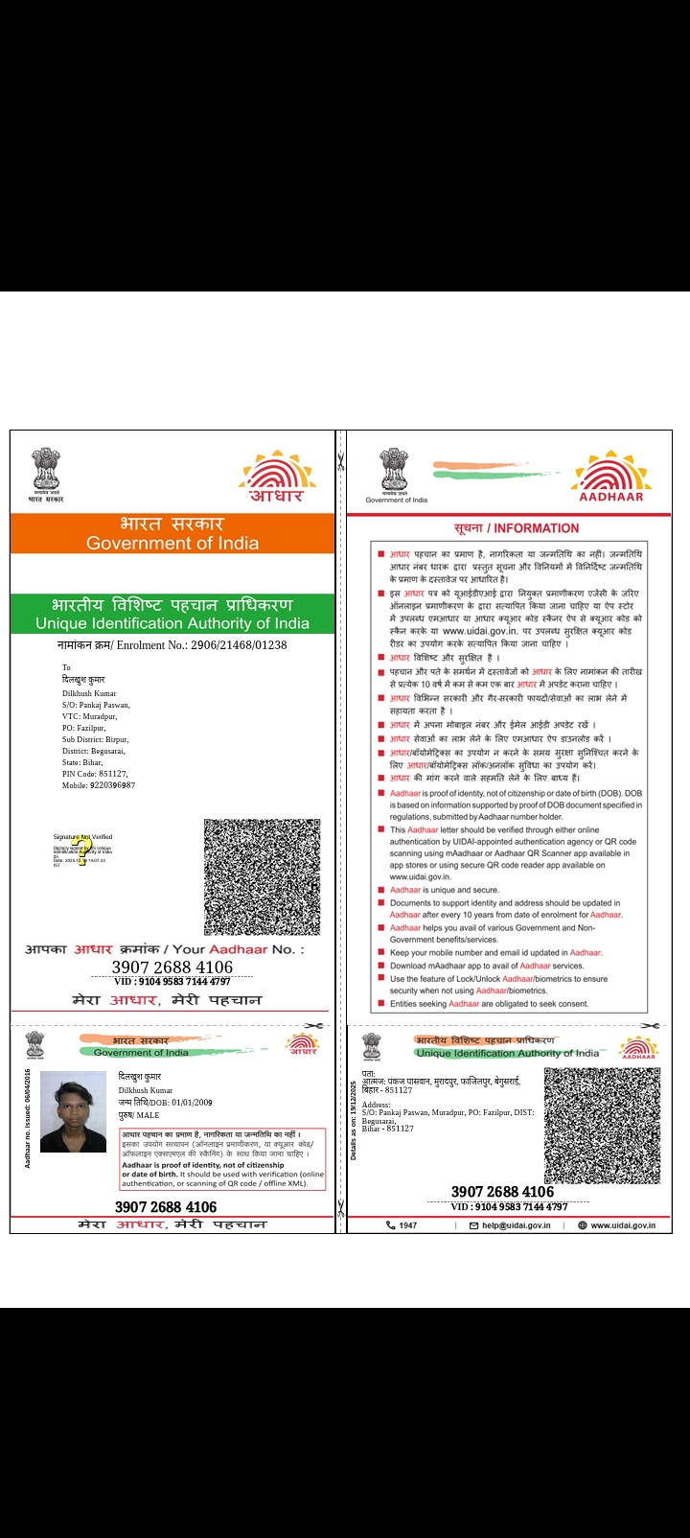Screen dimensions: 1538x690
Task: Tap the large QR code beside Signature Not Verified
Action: [x=262, y=876]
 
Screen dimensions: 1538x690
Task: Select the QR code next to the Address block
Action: [x=602, y=1126]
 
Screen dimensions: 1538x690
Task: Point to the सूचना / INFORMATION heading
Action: [x=517, y=528]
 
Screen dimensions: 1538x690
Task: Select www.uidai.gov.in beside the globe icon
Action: [x=623, y=1225]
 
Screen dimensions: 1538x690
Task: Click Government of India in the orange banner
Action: [x=172, y=543]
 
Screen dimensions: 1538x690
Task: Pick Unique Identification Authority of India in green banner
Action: [x=172, y=623]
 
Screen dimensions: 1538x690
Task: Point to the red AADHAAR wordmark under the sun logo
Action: [x=611, y=497]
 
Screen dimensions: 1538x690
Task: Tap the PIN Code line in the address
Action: [x=95, y=774]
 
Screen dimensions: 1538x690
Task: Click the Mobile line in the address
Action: [x=99, y=785]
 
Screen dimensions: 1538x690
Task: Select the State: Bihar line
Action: [x=82, y=762]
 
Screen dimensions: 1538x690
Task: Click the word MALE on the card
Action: [x=148, y=1115]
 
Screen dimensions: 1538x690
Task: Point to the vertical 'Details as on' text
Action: [x=354, y=1120]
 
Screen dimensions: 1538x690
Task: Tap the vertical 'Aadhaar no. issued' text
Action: [x=28, y=1117]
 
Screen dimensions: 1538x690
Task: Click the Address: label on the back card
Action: [x=377, y=1105]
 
